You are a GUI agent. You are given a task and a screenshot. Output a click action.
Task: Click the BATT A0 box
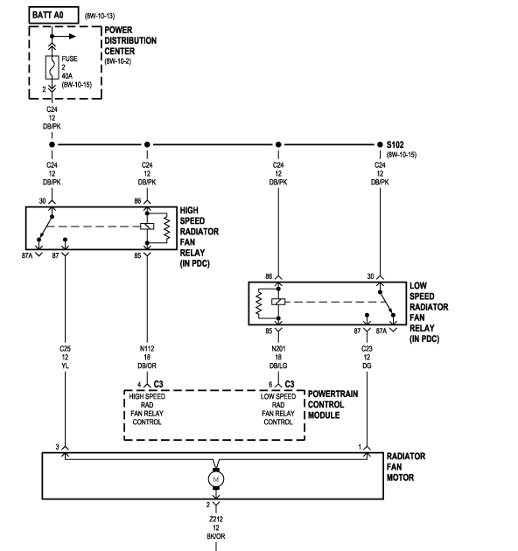point(53,15)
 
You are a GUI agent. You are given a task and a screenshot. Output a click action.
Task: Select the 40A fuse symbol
point(52,67)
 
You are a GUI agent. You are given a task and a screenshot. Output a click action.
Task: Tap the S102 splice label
point(395,144)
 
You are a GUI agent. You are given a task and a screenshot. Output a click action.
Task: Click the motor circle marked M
point(216,478)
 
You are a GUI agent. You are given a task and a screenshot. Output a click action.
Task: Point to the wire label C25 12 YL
point(65,357)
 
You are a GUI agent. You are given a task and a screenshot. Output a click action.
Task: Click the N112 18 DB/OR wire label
point(147,357)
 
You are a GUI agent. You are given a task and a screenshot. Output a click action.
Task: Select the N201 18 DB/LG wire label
point(278,357)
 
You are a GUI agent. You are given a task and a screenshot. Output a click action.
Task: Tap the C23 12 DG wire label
point(367,357)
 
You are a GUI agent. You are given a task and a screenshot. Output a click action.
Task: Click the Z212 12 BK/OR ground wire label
point(216,527)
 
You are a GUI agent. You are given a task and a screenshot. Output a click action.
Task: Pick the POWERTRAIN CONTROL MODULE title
point(332,404)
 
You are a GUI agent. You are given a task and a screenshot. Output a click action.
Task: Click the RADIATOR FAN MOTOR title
point(406,467)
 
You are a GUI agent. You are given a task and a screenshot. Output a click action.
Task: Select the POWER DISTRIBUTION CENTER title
point(130,40)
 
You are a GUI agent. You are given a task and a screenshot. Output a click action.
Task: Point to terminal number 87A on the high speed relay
point(27,255)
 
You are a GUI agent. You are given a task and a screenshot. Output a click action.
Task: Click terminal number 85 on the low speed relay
point(269,331)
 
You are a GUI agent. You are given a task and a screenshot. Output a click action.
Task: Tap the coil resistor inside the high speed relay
point(167,228)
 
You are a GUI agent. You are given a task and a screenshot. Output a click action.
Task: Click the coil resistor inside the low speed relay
point(259,303)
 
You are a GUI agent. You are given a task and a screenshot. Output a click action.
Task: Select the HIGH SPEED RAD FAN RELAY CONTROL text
point(147,409)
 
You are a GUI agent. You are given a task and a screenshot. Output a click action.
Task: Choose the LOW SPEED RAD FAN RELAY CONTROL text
point(278,409)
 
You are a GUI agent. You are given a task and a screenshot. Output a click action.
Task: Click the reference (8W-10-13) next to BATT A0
point(100,16)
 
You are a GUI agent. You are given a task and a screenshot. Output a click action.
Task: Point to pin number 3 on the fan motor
point(57,447)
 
